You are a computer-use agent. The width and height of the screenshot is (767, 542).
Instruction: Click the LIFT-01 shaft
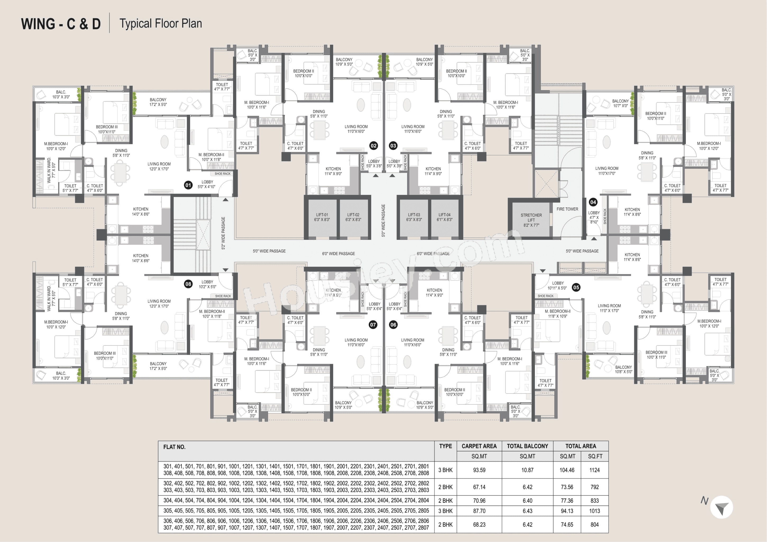pos(322,217)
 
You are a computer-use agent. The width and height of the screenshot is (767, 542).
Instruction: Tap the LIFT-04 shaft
pos(444,217)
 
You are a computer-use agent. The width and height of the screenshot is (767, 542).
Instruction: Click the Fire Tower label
pos(567,209)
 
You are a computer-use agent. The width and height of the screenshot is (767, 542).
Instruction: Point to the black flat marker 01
pos(188,185)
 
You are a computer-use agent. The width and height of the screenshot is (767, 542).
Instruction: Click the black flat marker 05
pos(576,287)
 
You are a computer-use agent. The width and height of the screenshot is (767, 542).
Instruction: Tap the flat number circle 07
pos(373,324)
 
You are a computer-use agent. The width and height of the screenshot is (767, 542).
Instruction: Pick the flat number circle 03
pos(393,146)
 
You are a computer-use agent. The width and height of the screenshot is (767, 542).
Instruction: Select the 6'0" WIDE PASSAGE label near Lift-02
pos(338,254)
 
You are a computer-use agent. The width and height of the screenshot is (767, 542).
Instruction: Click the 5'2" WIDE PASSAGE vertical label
pos(223,233)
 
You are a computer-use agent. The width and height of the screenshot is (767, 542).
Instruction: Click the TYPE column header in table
pos(445,446)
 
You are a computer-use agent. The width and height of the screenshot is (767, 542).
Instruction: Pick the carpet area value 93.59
pos(479,470)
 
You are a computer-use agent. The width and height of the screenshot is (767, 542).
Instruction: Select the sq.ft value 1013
pos(594,511)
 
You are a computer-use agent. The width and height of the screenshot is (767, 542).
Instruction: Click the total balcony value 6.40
pos(527,501)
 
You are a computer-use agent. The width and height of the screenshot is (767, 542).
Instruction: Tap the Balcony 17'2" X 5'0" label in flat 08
pos(158,366)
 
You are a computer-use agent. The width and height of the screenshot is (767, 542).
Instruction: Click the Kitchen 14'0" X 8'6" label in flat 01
pos(141,212)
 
